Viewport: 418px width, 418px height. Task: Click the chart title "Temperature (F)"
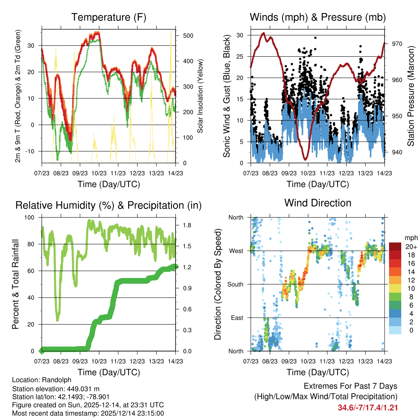(109, 17)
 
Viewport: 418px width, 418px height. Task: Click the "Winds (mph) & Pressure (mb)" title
(318, 17)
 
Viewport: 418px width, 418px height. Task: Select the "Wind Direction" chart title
(318, 202)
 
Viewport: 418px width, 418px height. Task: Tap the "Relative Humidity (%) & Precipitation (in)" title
(109, 205)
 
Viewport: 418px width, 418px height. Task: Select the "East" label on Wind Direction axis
(236, 318)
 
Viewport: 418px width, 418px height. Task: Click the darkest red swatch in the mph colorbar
(395, 247)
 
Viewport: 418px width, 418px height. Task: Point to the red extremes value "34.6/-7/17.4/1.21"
(368, 407)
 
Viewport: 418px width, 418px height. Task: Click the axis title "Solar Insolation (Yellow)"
(200, 96)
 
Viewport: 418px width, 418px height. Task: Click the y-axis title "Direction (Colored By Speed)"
(218, 284)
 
